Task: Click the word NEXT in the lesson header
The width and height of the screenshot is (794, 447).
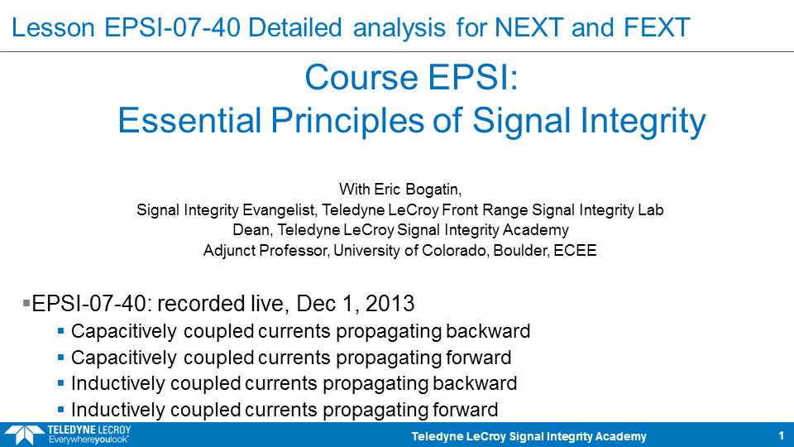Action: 529,27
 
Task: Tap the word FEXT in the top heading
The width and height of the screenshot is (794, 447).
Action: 656,27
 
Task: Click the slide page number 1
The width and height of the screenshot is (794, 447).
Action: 782,435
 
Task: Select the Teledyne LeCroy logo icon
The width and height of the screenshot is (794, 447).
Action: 23,435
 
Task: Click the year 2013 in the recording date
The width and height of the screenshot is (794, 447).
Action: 390,304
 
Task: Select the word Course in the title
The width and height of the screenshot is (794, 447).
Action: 361,77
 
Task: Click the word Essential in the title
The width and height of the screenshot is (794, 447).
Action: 189,121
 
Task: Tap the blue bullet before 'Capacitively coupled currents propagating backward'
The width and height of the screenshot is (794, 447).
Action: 60,331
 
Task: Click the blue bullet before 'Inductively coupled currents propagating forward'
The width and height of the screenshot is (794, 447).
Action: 60,410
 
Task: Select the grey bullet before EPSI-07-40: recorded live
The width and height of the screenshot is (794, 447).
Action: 26,303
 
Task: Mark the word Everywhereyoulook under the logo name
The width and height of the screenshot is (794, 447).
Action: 88,440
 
